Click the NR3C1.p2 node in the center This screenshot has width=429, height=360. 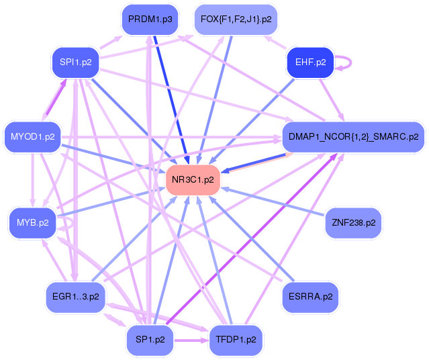tap(193, 180)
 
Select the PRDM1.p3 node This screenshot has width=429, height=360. tap(150, 19)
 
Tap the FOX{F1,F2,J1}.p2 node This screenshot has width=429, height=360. tap(236, 19)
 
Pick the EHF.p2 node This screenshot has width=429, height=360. tap(310, 62)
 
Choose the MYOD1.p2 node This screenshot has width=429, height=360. tap(32, 137)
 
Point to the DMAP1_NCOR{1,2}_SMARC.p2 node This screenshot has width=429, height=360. tap(353, 137)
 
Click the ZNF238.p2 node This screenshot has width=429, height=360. tap(353, 222)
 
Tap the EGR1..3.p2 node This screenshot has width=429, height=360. tap(75, 296)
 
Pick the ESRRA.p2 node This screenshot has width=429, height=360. tap(310, 296)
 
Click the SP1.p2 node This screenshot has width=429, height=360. tap(150, 340)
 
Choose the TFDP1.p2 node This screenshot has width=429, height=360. tap(236, 340)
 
